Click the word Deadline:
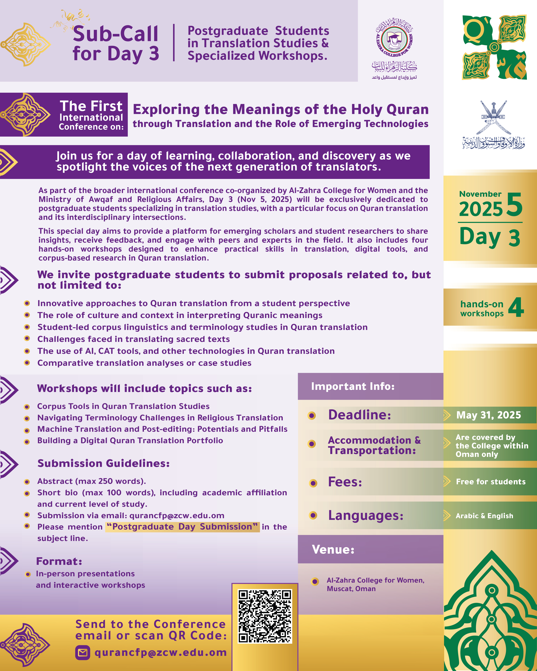coord(360,415)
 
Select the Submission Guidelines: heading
coord(103,463)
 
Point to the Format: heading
coord(59,561)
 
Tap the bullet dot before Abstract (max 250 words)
coord(27,482)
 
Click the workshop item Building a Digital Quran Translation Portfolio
coord(130,440)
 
